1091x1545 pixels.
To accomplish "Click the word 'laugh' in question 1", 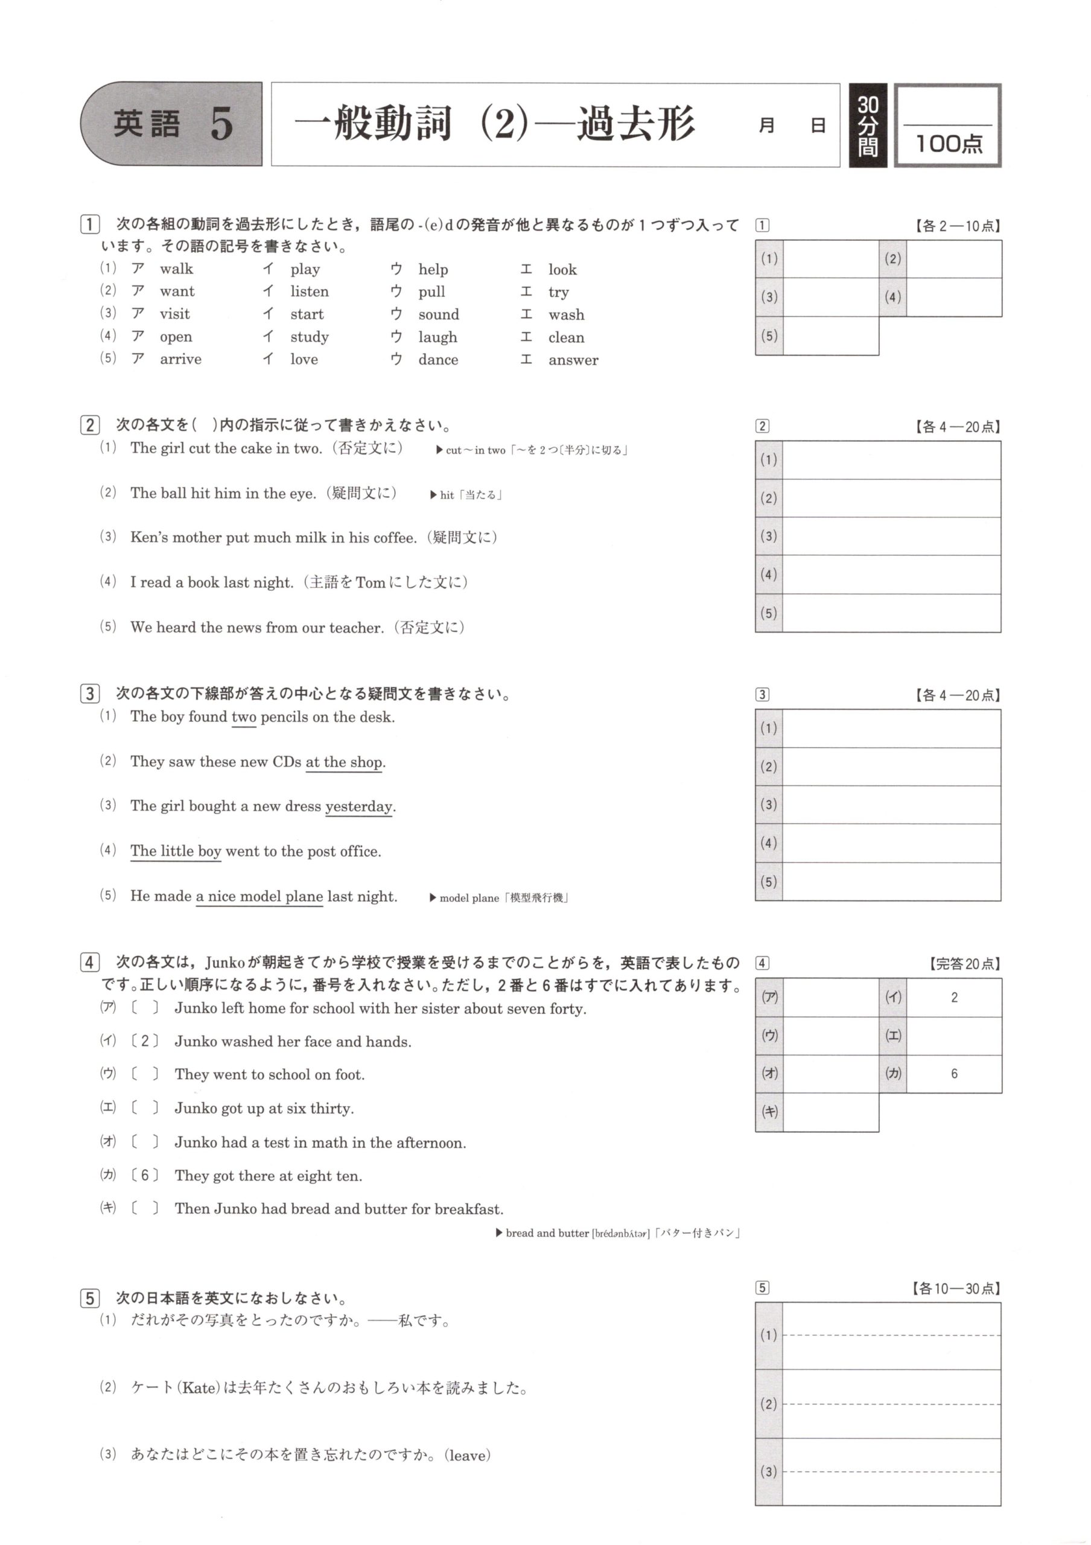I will tap(437, 337).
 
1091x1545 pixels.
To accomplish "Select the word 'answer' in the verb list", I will tap(573, 360).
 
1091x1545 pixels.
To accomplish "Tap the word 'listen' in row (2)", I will tap(310, 291).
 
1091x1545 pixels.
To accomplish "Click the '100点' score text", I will tap(949, 143).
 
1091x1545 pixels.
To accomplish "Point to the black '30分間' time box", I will tap(868, 126).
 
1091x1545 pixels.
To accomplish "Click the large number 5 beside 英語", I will tap(221, 124).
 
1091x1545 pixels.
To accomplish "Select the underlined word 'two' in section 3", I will tap(244, 718).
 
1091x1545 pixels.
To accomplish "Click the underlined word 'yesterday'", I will tap(358, 807).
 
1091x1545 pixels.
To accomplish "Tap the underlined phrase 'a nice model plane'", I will tap(259, 897).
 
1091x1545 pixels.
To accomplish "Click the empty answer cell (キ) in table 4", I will tap(831, 1112).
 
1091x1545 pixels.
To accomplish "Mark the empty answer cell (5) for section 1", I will tap(831, 336).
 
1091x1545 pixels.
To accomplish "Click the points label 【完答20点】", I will tap(964, 964).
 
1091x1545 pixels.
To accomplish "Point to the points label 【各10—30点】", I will tap(955, 1289).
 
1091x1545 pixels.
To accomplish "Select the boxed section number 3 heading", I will tap(89, 694).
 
